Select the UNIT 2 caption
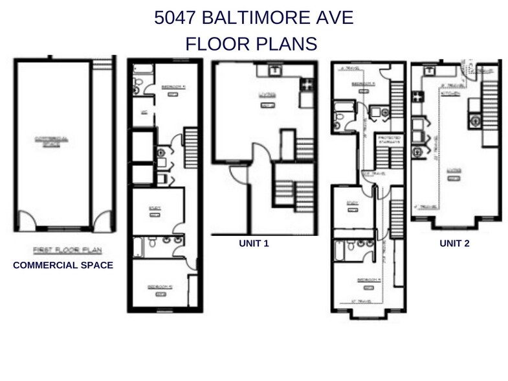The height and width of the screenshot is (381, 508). [454, 244]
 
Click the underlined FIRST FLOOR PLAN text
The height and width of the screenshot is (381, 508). [63, 249]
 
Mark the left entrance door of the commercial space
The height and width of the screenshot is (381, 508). [27, 222]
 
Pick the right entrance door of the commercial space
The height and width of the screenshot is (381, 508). [102, 222]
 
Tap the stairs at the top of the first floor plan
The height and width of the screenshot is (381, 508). [100, 65]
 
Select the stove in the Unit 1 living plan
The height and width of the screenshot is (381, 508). [307, 84]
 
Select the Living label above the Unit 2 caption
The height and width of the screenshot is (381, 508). [454, 172]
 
